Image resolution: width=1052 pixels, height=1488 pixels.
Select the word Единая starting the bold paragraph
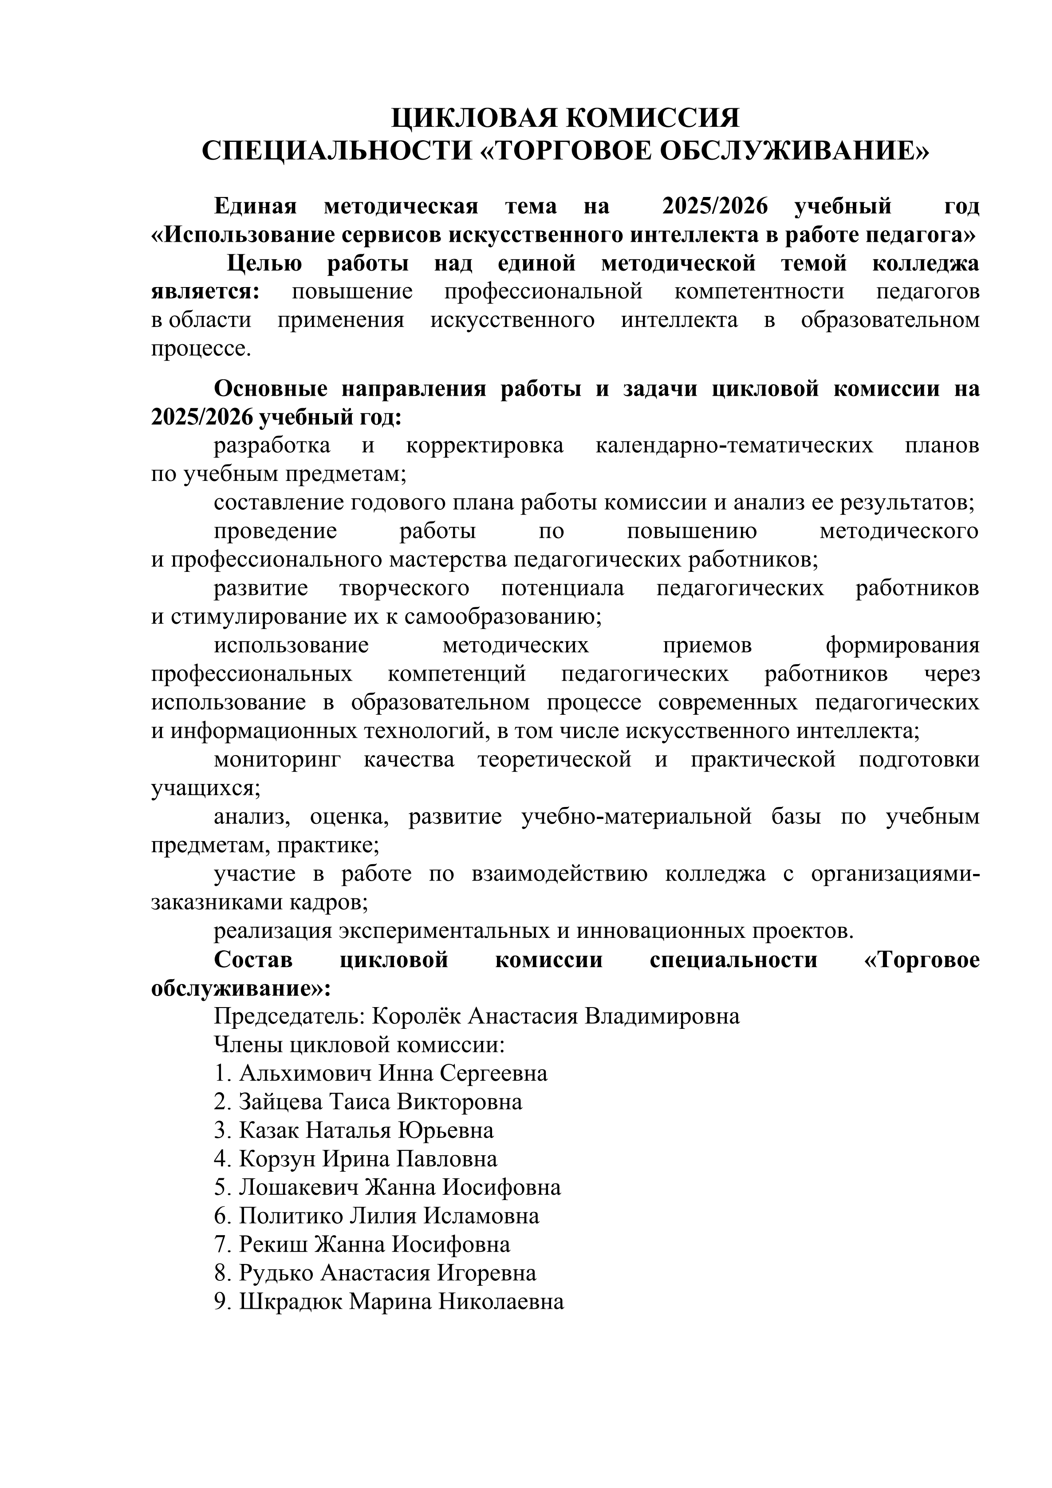point(256,206)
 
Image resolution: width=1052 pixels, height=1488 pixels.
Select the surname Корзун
point(277,1159)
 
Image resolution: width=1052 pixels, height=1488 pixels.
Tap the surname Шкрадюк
point(291,1302)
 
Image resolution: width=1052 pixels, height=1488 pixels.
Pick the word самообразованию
point(502,616)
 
